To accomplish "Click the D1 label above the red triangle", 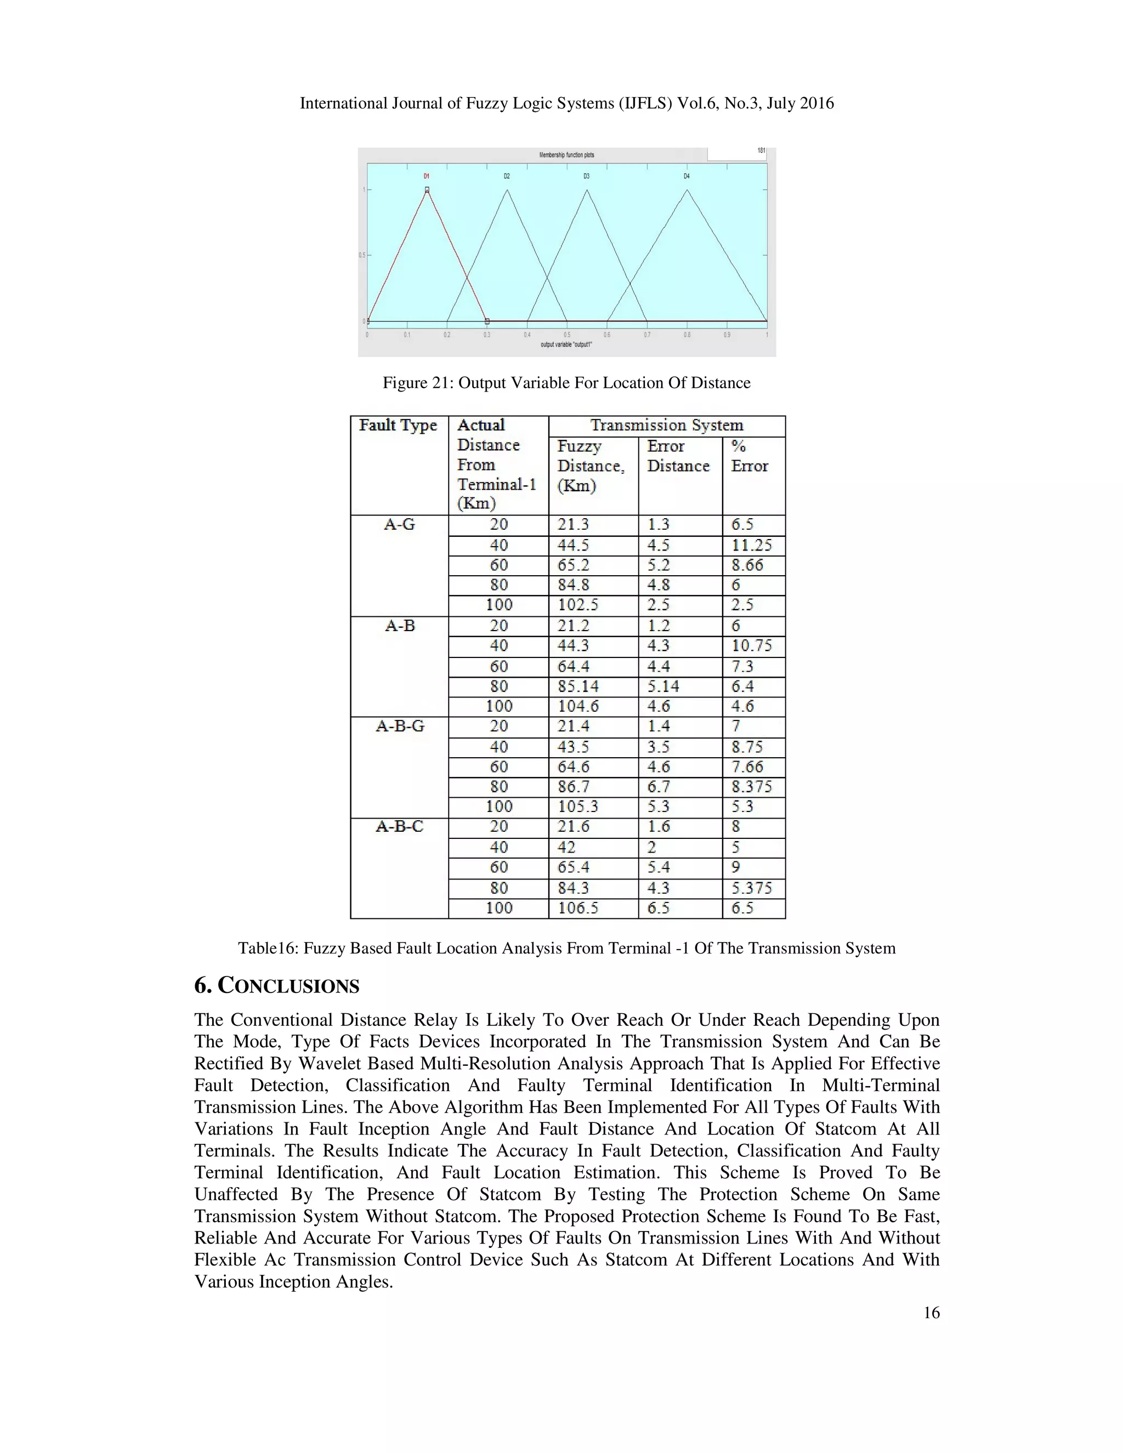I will pos(427,177).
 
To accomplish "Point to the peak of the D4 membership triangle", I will pos(687,190).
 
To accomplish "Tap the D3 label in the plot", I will pos(586,177).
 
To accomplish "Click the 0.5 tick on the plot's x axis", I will pos(567,334).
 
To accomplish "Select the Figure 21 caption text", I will pos(566,383).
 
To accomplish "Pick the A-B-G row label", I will pos(399,726).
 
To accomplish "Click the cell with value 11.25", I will pos(752,546).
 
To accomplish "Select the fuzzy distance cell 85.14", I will pos(578,686).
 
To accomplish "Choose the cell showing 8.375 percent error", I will pos(752,786).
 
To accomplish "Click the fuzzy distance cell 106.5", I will pos(578,907).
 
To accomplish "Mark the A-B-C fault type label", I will pos(399,826).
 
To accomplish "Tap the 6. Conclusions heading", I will pos(276,985).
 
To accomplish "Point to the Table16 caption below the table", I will pos(566,948).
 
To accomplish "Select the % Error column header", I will pos(750,456).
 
